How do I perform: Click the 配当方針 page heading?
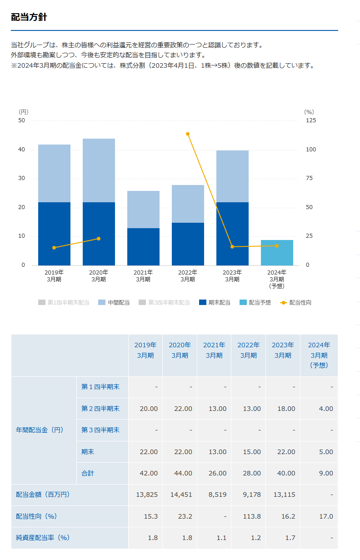[x=29, y=18]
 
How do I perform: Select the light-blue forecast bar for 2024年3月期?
[x=277, y=253]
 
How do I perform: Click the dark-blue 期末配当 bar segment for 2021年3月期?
[x=143, y=246]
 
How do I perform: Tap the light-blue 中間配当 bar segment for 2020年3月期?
[x=99, y=170]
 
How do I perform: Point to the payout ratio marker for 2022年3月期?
[x=188, y=134]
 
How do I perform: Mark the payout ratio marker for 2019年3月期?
[x=54, y=248]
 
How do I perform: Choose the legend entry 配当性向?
[x=295, y=303]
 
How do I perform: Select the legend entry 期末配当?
[x=215, y=303]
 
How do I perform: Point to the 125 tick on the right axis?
[x=310, y=120]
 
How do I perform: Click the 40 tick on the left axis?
[x=21, y=150]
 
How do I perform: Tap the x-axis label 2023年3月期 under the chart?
[x=232, y=276]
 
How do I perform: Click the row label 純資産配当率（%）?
[x=43, y=538]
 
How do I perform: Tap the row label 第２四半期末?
[x=100, y=409]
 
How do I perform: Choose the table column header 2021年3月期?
[x=214, y=350]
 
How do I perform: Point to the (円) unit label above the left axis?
[x=23, y=112]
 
